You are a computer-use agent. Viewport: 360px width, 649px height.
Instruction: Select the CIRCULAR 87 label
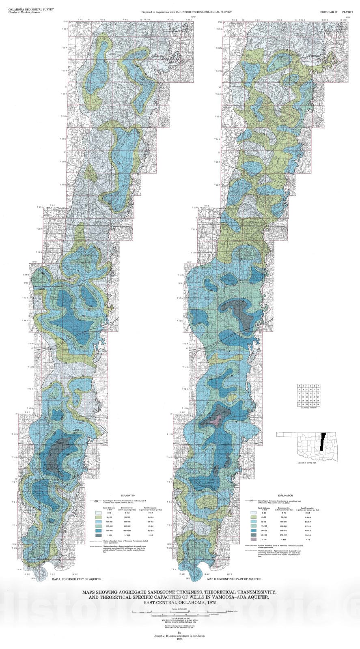329,13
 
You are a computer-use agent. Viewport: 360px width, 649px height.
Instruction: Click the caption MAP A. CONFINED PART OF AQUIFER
77,580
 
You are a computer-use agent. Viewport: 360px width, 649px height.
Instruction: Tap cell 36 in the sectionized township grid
319,404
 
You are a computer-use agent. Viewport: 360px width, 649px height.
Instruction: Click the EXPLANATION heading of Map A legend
128,496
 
